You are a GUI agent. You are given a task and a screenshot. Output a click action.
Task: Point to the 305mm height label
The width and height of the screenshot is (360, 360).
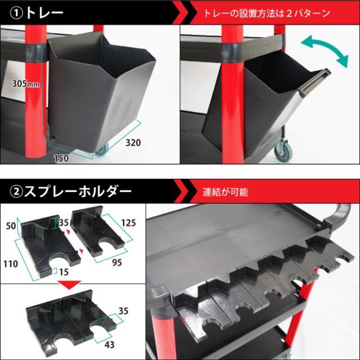click(x=26, y=84)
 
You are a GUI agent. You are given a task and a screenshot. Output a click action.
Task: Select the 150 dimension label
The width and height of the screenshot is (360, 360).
click(x=62, y=159)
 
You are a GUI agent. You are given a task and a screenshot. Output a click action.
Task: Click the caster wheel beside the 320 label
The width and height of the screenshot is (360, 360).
click(x=101, y=149)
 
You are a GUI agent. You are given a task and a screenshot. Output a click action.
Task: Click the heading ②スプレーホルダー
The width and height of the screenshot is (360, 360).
click(x=70, y=192)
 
